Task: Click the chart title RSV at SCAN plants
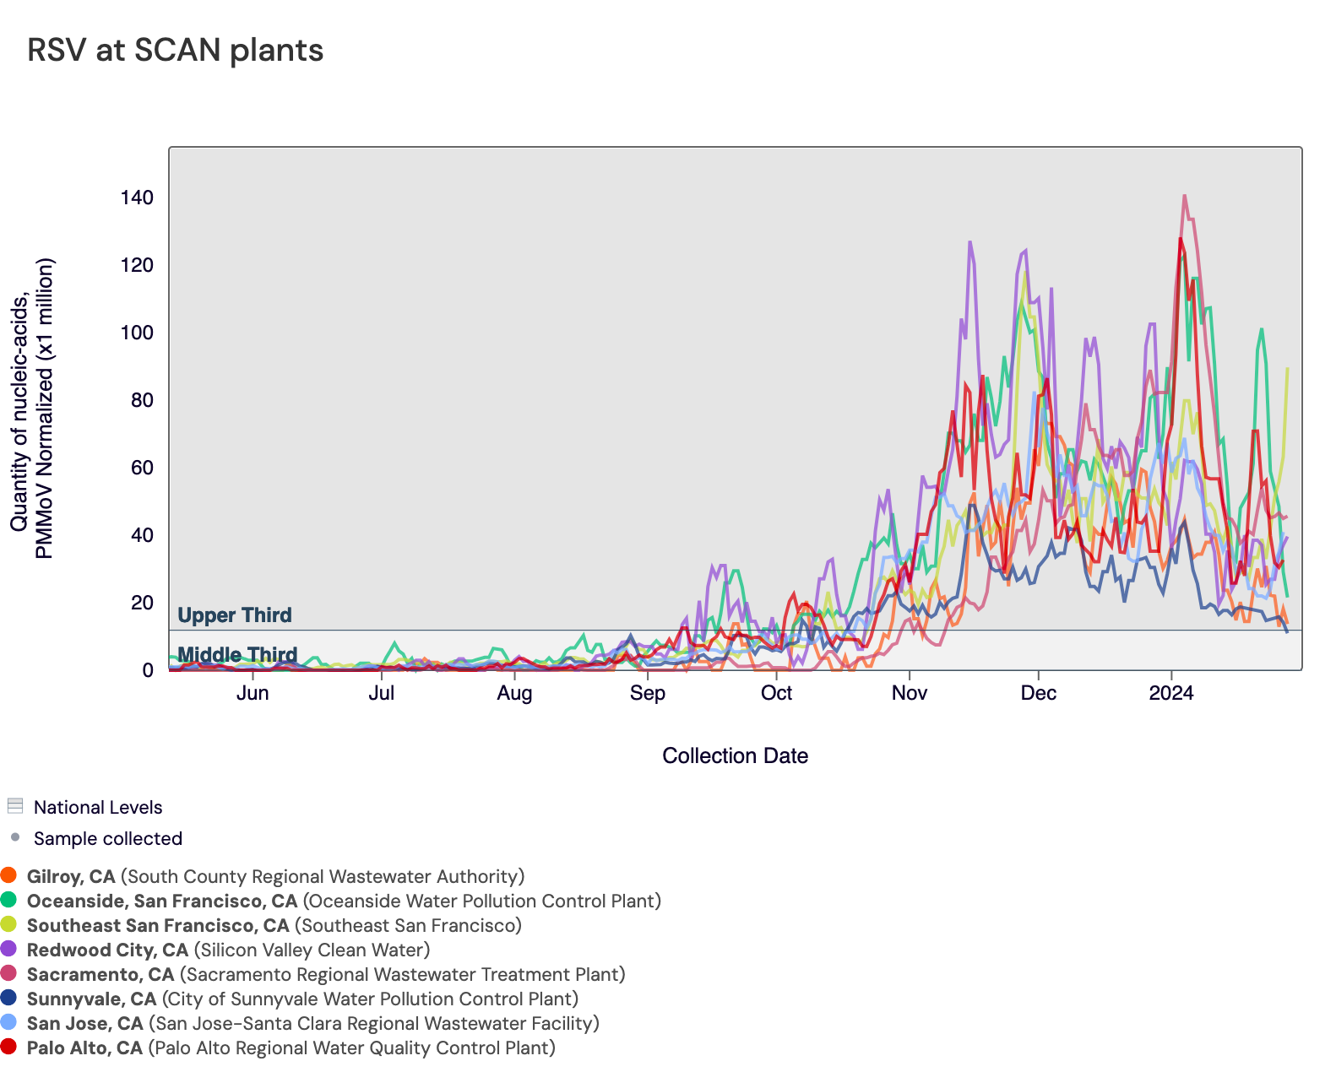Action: tap(175, 51)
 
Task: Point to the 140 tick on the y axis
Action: tap(137, 198)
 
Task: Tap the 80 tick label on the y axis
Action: tap(142, 400)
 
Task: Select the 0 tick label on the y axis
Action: tap(148, 670)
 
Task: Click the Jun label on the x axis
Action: tap(253, 693)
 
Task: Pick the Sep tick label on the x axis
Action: tap(647, 693)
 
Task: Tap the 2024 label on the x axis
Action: tap(1171, 693)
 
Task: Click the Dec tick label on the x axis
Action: tap(1038, 693)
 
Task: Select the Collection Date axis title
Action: tap(735, 755)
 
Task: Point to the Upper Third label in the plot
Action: tap(235, 615)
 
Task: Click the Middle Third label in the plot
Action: tap(237, 654)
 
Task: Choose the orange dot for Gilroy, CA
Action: tap(9, 875)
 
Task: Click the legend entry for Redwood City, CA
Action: tap(107, 950)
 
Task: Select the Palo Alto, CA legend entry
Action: tap(84, 1048)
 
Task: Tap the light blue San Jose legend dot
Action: tap(9, 1022)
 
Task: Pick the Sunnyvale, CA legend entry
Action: tap(91, 999)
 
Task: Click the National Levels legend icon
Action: tap(14, 806)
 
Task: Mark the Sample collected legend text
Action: tap(107, 838)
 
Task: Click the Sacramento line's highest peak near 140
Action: tap(1184, 196)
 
